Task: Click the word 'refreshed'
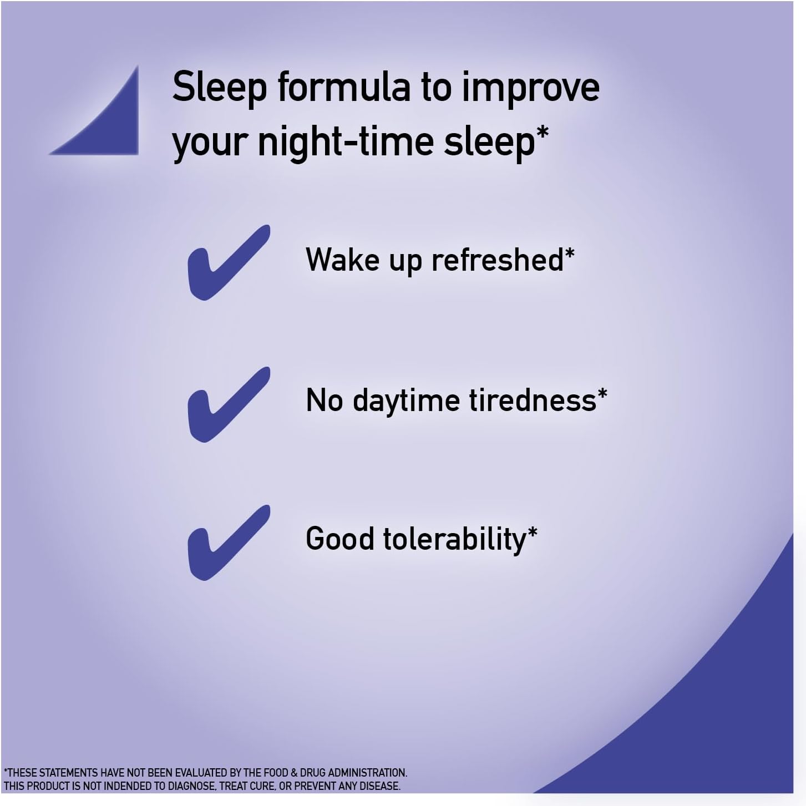click(498, 259)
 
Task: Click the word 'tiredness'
click(533, 400)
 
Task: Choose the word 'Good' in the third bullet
click(339, 538)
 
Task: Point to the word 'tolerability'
click(454, 540)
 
